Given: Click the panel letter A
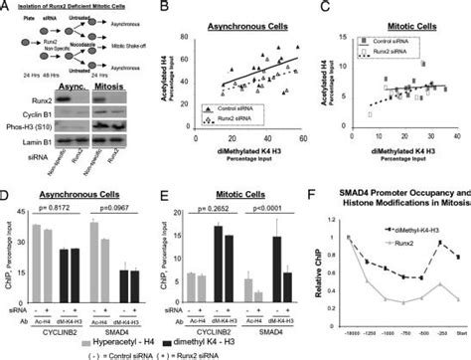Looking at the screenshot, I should point(7,7).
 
